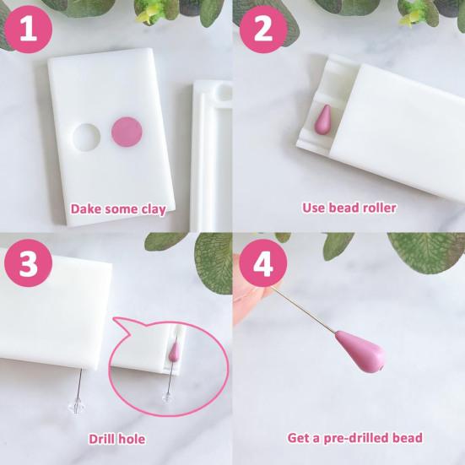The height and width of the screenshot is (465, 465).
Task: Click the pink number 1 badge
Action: [29, 29]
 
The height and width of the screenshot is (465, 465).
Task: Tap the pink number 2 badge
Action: [263, 29]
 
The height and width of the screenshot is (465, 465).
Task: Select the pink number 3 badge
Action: [29, 262]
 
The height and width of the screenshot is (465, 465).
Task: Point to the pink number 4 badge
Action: [263, 262]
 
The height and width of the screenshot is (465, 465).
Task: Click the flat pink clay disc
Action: [127, 132]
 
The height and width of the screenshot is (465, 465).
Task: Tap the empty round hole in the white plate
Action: [86, 138]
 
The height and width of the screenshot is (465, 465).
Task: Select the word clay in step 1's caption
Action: [153, 209]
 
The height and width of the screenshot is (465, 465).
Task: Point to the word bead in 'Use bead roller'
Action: [342, 208]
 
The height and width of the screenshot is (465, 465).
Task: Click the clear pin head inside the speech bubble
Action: [166, 397]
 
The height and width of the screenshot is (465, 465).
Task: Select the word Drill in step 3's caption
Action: [101, 439]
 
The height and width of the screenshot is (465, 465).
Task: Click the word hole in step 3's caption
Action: [131, 439]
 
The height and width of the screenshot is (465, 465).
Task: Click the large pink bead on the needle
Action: [360, 351]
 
